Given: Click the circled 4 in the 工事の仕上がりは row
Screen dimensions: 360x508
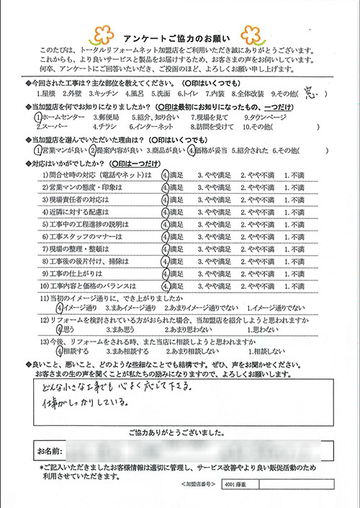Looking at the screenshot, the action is tap(165, 253).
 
